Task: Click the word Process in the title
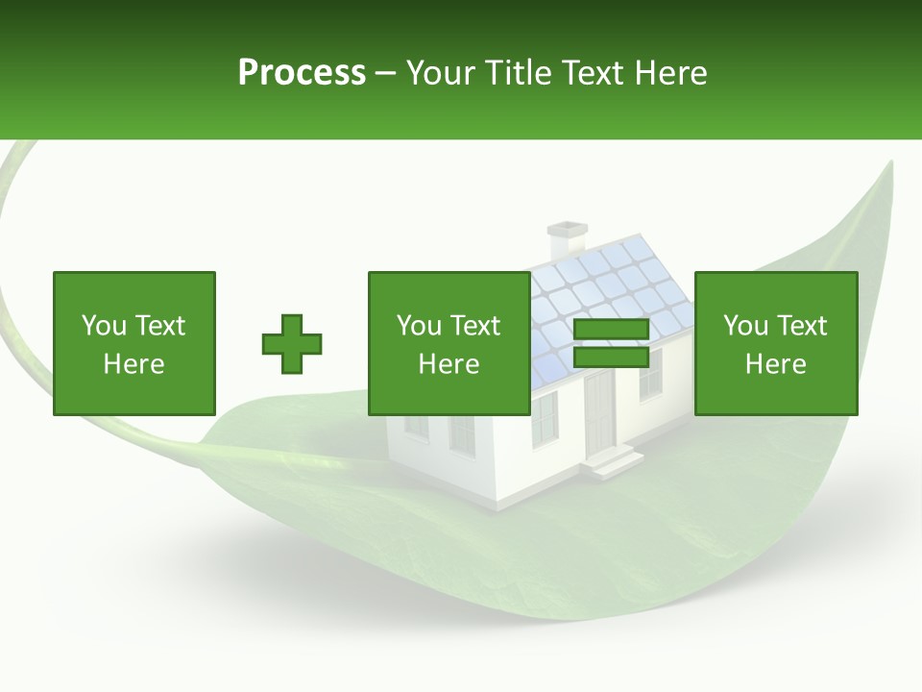pos(302,73)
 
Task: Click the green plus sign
pos(292,344)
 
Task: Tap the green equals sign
pos(611,344)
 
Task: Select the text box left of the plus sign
pos(134,343)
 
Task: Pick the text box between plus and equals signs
pos(449,343)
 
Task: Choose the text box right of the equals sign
pos(776,343)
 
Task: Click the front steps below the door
pos(610,462)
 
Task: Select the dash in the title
pos(386,73)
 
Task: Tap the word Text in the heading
pos(590,73)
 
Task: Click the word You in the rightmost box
pos(745,326)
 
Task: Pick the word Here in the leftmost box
pos(134,364)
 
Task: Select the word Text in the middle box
pos(474,326)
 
